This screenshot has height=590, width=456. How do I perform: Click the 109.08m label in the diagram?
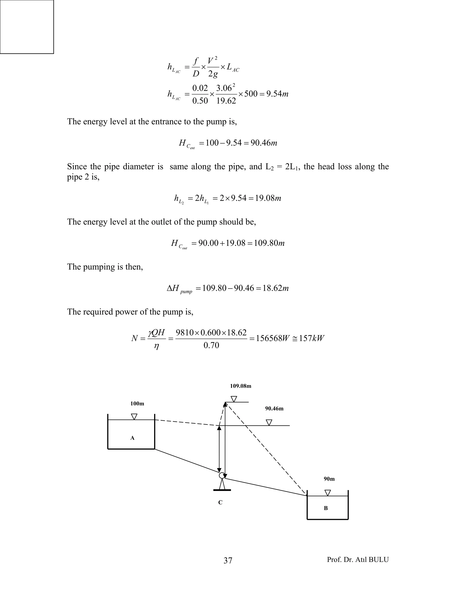pos(240,386)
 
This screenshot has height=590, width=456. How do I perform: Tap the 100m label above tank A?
pos(137,404)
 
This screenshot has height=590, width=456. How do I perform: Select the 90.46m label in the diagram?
pos(274,409)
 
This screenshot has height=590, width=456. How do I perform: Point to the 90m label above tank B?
pos(329,479)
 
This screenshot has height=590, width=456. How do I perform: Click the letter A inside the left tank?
pos(132,438)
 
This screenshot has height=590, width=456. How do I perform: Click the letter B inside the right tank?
pos(326,508)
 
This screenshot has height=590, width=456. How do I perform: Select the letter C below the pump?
pos(220,503)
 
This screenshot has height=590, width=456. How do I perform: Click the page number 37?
pos(228,561)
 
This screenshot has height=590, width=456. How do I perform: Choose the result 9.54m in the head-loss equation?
pos(277,94)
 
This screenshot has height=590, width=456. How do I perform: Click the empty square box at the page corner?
pos(27,27)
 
